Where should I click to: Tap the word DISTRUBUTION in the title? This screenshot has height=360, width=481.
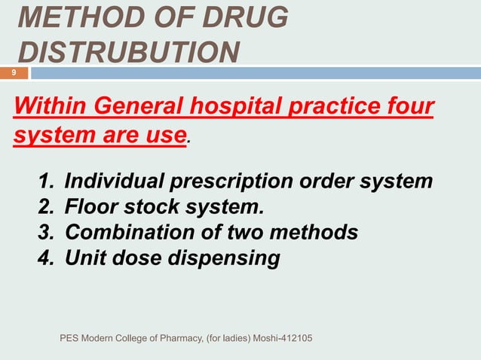tap(129, 52)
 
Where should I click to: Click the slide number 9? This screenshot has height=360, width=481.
tap(13, 72)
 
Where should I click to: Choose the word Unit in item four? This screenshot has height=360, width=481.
tap(84, 258)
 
